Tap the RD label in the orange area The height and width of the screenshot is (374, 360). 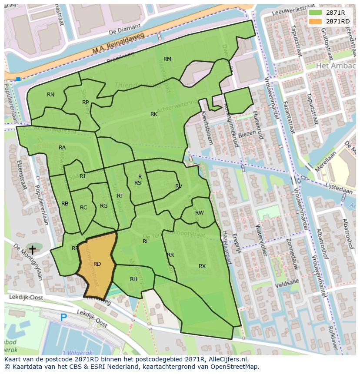click(x=97, y=264)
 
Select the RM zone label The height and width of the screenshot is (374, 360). click(x=167, y=59)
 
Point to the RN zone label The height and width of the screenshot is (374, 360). click(x=51, y=95)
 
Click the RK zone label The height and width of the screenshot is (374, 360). click(x=154, y=114)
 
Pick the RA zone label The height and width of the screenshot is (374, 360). click(x=62, y=148)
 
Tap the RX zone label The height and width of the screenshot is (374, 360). click(x=202, y=266)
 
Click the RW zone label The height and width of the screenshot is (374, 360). click(x=200, y=213)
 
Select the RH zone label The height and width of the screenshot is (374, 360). click(x=133, y=279)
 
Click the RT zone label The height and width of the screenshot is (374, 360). click(x=120, y=196)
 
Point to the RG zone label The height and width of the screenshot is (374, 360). click(x=103, y=206)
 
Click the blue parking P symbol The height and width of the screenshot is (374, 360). click(x=63, y=318)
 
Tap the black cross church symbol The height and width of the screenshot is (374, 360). click(x=32, y=250)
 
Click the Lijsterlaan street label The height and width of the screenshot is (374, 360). click(x=341, y=191)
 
